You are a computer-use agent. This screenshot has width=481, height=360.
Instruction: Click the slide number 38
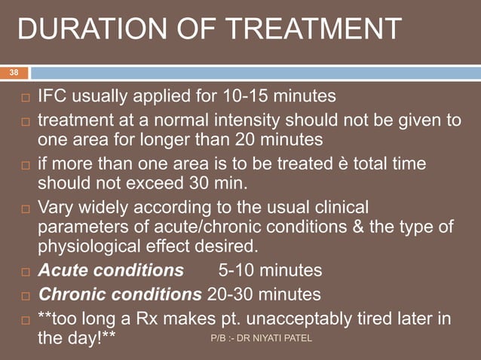pyautogui.click(x=14, y=72)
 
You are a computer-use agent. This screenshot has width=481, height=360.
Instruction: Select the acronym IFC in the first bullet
pyautogui.click(x=52, y=96)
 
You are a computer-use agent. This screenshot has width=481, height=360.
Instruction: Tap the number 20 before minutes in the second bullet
pyautogui.click(x=246, y=139)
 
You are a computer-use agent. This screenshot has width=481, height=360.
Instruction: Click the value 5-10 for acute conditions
pyautogui.click(x=237, y=270)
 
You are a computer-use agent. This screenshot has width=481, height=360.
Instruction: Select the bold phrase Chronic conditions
pyautogui.click(x=120, y=293)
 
